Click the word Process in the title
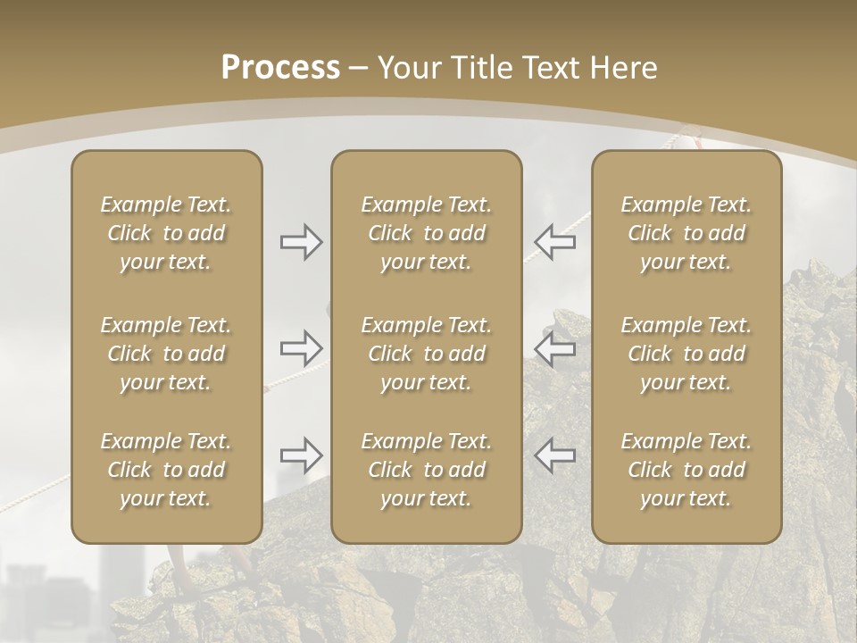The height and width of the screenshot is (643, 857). click(280, 68)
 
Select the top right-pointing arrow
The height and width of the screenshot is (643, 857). click(302, 242)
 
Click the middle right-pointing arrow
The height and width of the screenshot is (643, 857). click(302, 347)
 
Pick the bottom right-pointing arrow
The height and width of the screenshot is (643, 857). click(302, 455)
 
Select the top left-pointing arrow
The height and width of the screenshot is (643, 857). click(554, 242)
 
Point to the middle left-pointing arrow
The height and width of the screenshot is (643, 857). click(554, 348)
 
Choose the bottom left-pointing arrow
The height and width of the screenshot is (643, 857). click(554, 455)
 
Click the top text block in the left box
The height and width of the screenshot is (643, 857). click(166, 233)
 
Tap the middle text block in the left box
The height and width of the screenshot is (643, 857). click(166, 354)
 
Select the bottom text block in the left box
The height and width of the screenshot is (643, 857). click(166, 470)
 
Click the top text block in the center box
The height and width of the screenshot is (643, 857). click(427, 233)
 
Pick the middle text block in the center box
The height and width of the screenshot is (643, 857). click(427, 354)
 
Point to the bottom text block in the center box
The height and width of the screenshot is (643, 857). click(427, 470)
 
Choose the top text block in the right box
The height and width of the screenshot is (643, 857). click(686, 233)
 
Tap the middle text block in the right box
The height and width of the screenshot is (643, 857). click(686, 354)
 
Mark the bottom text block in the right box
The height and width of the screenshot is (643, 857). click(686, 470)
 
